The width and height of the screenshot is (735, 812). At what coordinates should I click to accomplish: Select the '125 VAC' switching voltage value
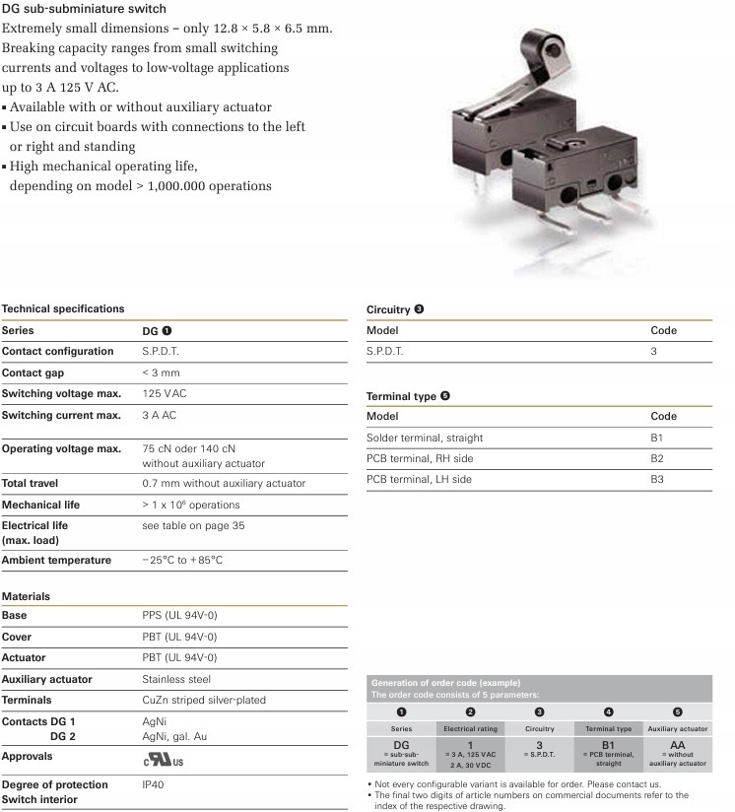(165, 394)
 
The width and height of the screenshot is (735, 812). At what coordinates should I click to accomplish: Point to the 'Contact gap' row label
(35, 373)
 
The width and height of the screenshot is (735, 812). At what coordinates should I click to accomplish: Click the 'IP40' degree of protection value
(154, 784)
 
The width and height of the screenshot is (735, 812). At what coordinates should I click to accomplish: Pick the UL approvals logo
(163, 759)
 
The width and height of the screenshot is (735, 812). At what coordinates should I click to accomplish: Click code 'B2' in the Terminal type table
(657, 458)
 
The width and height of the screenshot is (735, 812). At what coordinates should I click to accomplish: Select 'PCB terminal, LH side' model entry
(419, 479)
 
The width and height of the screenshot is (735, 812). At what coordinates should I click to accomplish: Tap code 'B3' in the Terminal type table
(657, 479)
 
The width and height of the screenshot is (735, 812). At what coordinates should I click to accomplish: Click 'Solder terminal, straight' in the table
(425, 438)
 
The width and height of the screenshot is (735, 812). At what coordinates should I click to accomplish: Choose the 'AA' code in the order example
(677, 745)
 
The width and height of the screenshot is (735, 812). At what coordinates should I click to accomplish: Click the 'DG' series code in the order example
(401, 745)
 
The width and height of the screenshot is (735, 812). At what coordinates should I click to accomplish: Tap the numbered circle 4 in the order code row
(608, 711)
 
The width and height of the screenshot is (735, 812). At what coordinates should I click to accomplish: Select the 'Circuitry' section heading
(388, 309)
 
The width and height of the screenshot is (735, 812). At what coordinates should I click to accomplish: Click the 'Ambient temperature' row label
(57, 561)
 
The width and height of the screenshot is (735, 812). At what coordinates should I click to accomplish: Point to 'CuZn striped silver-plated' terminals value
(204, 701)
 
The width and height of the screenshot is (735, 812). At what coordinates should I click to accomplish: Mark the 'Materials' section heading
(27, 596)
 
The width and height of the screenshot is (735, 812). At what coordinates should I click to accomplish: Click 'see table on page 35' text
(193, 526)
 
